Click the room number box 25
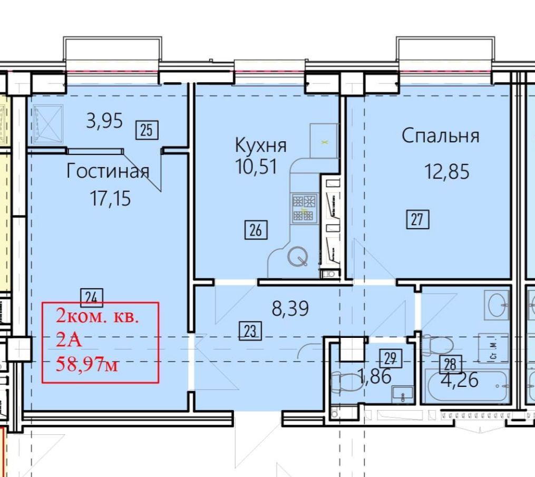pos(147,130)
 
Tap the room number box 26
pos(256,230)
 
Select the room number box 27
pos(417,219)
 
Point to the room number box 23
pos(250,330)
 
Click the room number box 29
pos(391,358)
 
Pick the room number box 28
pos(450,364)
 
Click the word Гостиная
pos(108,171)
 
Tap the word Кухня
pos(261,145)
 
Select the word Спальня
pos(441,135)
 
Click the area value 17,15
pos(110,198)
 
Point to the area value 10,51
pos(256,167)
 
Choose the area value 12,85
pos(447,171)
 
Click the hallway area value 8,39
pos(290,308)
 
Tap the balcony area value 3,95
pos(104,121)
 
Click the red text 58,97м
pos(87,365)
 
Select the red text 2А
pos(69,340)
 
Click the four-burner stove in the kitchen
pos(304,208)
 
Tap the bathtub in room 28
pos(466,386)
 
